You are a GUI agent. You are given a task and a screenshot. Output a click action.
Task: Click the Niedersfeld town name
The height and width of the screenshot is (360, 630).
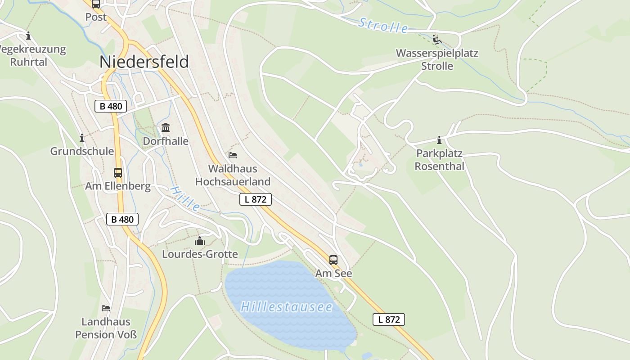tap(144, 62)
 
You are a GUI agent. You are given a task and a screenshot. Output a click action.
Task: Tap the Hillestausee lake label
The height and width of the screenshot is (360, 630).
tap(287, 307)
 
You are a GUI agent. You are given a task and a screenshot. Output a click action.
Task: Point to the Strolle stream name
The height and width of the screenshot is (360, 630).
tap(383, 26)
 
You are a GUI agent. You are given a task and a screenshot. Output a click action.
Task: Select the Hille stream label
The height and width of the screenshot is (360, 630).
tap(185, 199)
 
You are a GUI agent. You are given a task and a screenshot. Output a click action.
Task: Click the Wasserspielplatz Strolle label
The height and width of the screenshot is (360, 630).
tap(437, 59)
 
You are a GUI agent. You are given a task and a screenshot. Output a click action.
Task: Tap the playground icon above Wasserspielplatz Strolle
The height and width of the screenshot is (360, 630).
tap(436, 39)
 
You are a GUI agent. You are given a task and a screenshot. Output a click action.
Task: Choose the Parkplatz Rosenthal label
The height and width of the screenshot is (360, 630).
tap(439, 160)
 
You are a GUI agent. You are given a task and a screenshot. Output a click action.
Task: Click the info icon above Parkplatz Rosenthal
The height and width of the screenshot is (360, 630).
tap(439, 140)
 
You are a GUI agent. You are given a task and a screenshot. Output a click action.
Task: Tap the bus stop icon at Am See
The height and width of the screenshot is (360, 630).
tap(333, 260)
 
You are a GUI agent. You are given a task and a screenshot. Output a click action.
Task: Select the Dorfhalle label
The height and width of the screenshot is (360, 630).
tap(166, 141)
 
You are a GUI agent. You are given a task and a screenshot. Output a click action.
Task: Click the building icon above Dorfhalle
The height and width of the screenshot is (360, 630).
tap(166, 128)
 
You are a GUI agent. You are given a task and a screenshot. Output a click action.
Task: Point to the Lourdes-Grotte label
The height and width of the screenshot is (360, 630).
tap(200, 254)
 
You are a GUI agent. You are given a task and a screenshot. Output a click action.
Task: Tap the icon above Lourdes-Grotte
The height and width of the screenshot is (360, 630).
tap(200, 241)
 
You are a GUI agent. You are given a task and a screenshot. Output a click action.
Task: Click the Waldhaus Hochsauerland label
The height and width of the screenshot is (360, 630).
tap(233, 175)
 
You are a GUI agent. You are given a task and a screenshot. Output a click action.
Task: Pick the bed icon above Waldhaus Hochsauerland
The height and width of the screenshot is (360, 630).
tap(233, 155)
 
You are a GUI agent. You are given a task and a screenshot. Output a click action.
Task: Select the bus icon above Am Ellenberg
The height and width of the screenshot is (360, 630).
tap(118, 173)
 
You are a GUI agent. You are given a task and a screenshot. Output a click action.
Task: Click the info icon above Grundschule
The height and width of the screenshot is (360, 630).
tap(82, 138)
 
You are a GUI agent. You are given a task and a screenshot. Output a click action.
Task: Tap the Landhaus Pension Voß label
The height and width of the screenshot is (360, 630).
tap(106, 328)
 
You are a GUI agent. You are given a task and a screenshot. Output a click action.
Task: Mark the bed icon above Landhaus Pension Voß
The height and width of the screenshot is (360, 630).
tap(106, 308)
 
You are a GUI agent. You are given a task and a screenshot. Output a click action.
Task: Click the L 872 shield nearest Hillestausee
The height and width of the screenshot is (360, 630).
tap(389, 319)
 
